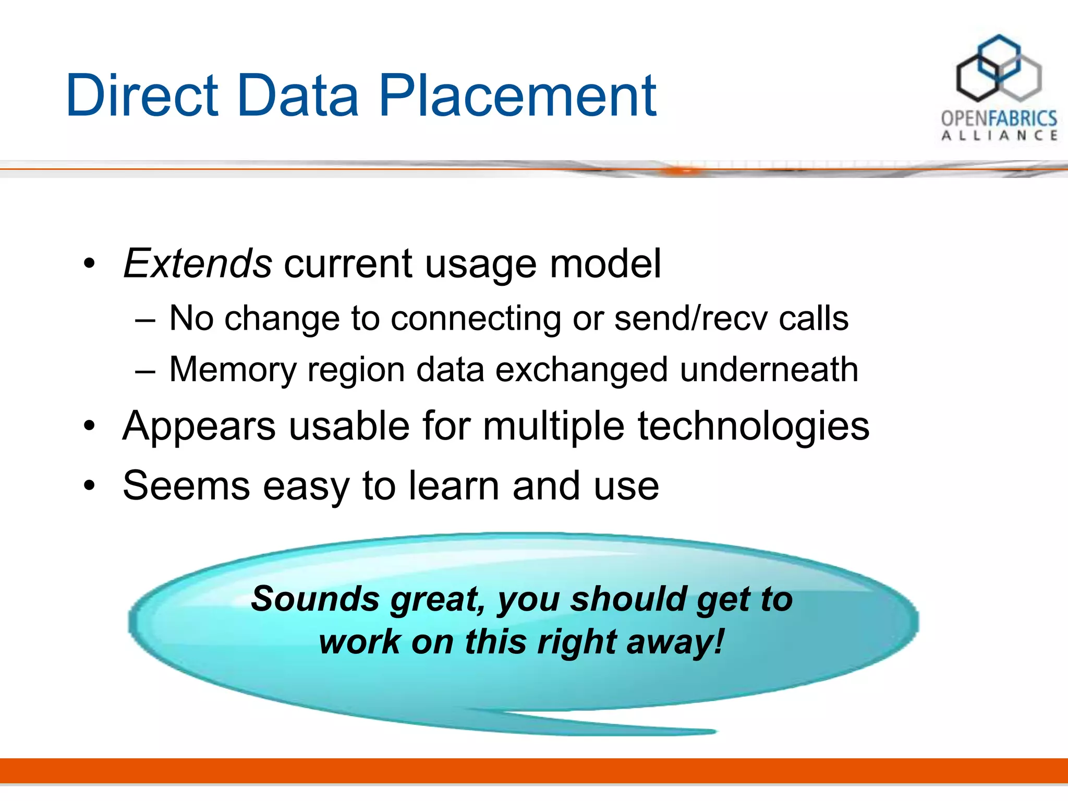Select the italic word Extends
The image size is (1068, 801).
pos(197,263)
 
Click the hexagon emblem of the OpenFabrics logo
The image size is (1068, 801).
pos(998,69)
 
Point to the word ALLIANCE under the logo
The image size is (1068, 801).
pos(999,136)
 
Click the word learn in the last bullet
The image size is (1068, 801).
pos(453,486)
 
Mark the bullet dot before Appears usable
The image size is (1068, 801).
pos(90,427)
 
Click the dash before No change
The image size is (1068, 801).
pos(145,319)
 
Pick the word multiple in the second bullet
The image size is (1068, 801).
pos(553,427)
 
